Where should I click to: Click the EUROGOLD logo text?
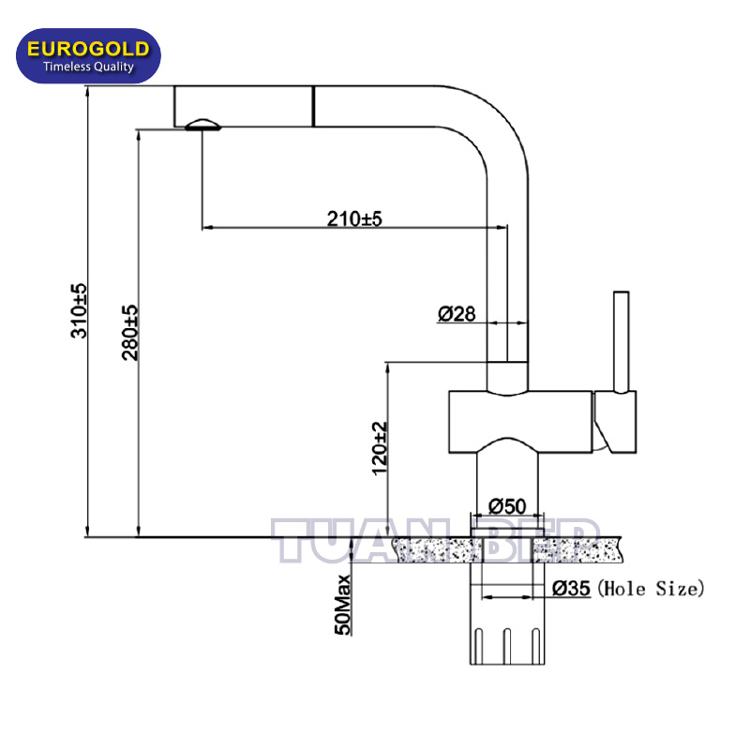click(x=88, y=49)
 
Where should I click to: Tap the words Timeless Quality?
click(x=88, y=67)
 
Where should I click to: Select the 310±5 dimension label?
click(x=79, y=311)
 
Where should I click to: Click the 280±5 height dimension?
click(x=129, y=333)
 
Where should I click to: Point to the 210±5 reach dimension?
click(x=354, y=218)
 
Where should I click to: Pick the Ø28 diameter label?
click(x=457, y=314)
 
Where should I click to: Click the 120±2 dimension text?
click(x=380, y=448)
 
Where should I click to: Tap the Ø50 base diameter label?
click(x=507, y=506)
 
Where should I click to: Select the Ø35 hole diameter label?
click(x=571, y=589)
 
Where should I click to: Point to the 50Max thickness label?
click(x=342, y=605)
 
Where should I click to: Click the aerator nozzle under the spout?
click(x=202, y=125)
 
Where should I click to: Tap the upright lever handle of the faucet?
click(x=622, y=342)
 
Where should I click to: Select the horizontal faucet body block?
click(x=520, y=422)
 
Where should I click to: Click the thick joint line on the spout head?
click(x=313, y=107)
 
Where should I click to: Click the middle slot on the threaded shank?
click(x=507, y=646)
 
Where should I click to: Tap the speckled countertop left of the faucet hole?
click(x=436, y=550)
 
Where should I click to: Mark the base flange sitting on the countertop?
click(x=507, y=532)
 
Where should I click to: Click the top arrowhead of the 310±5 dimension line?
click(x=87, y=91)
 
